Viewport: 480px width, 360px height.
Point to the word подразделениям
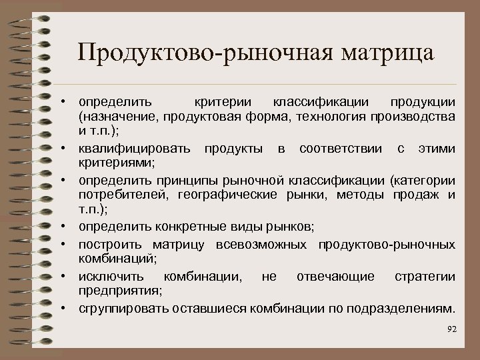407,309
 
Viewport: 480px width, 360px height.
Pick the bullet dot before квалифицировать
69,146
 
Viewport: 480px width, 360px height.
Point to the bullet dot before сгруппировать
69,308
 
